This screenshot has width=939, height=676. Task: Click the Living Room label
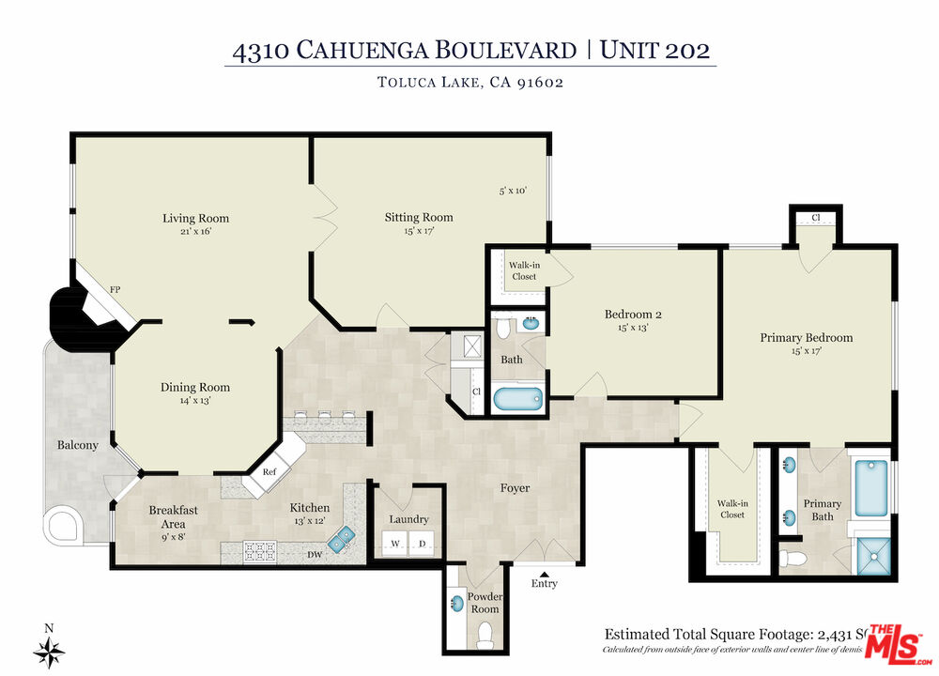195,218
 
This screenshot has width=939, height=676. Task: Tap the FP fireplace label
116,290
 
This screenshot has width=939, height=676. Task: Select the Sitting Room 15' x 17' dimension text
419,230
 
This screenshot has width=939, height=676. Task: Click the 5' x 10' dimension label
513,191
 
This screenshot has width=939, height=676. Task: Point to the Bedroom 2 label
626,315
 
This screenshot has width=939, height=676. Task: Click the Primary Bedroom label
806,337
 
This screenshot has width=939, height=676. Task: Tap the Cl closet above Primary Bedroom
815,218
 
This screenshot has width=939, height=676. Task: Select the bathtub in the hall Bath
518,399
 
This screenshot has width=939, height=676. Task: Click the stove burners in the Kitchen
260,551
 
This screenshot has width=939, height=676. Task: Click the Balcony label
77,445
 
